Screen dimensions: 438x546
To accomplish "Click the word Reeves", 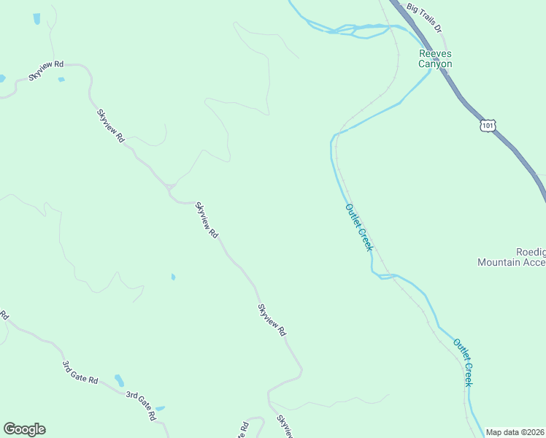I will pos(434,53).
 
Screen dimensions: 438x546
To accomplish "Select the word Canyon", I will pos(434,64).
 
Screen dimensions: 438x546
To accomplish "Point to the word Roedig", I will pos(531,251).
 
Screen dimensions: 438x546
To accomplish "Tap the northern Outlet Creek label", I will pos(358,228).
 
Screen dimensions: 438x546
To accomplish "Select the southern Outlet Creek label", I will pos(463,363).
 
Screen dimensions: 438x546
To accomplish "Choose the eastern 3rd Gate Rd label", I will pos(141,405).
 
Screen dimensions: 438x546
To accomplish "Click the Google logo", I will pos(24,429).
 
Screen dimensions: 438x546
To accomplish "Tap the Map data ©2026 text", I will pos(515,432).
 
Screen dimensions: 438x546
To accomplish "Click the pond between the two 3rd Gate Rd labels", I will pos(119,380).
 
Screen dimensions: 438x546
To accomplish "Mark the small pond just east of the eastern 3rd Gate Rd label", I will pos(160,408).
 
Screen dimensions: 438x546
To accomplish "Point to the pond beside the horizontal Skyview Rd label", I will pos(61,79).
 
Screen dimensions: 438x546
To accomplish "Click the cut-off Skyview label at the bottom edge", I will pos(285,427).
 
